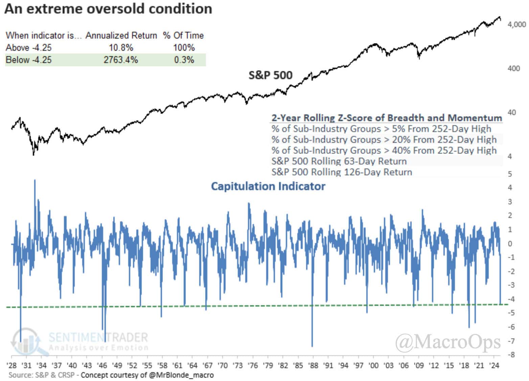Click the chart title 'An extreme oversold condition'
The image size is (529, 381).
108,9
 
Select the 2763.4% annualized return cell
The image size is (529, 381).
120,60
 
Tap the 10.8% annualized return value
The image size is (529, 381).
120,47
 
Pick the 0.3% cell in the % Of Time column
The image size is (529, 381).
184,60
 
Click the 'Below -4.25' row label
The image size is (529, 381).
29,60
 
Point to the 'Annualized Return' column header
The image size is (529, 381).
121,36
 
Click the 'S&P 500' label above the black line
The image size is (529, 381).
270,75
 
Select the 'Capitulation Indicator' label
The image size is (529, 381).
268,186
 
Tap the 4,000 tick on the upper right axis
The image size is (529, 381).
516,24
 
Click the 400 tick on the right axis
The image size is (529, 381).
513,68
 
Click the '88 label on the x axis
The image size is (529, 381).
313,365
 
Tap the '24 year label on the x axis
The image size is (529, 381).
494,365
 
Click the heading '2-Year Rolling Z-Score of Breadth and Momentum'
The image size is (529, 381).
387,118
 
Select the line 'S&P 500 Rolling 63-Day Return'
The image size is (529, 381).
339,161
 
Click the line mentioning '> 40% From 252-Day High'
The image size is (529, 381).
384,150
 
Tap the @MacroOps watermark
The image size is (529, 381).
448,342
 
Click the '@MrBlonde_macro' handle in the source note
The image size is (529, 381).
181,375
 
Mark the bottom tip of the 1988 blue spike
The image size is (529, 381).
312,346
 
